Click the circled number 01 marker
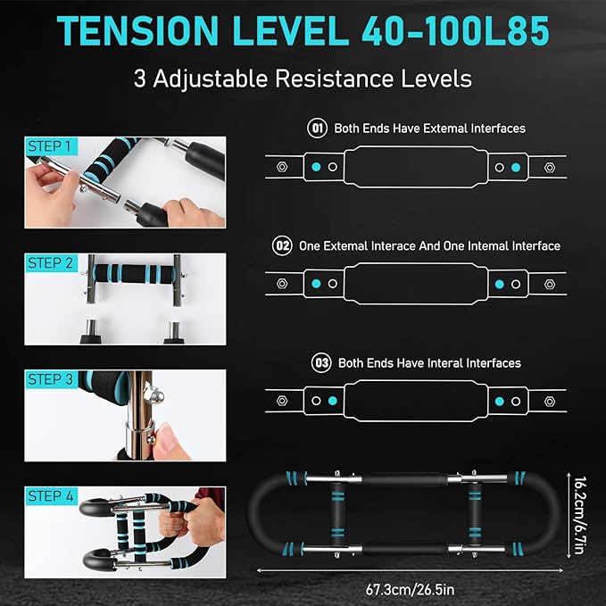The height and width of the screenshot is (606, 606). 318,128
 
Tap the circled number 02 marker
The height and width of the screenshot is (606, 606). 283,245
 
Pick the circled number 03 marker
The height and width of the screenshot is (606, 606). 321,362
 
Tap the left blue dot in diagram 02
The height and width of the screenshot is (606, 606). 316,284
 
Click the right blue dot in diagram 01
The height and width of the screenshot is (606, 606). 515,166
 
